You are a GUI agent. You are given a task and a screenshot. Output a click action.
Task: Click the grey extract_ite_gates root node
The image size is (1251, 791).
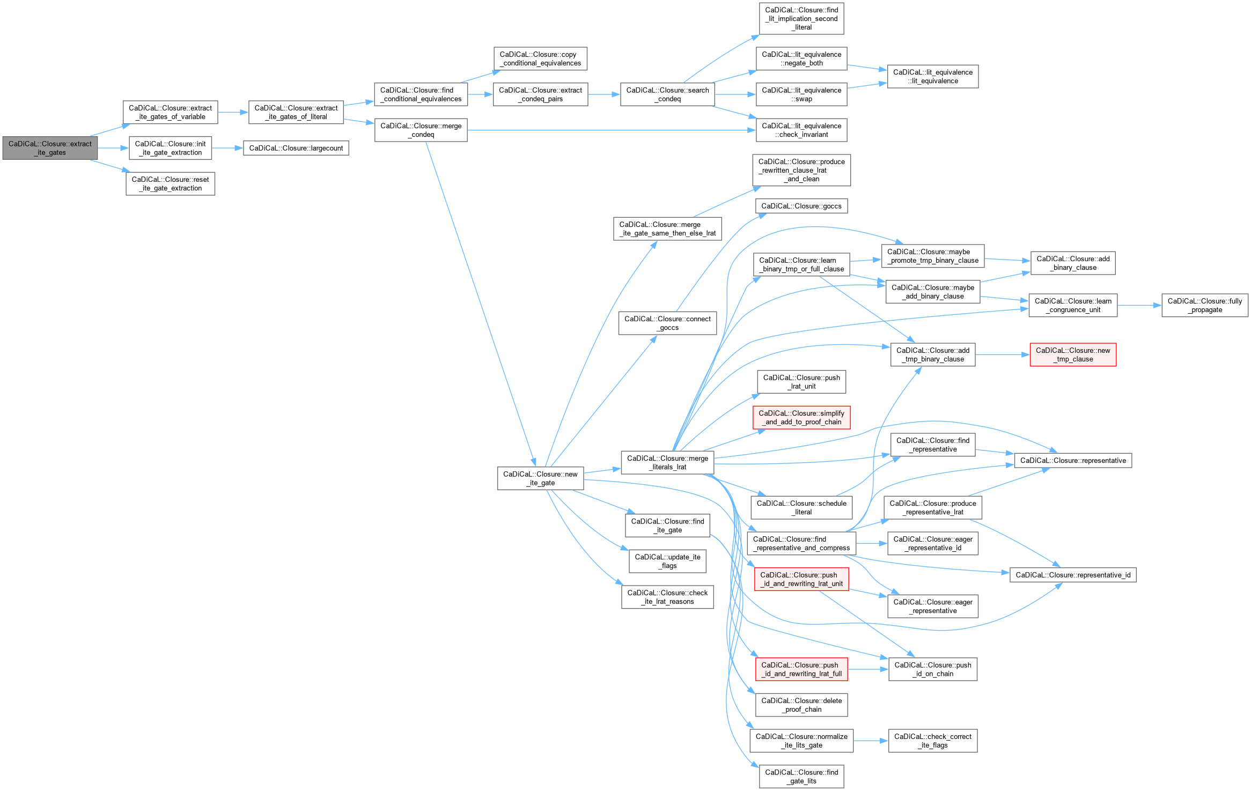tap(50, 148)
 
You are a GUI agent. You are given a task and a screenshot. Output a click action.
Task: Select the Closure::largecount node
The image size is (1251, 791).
tap(296, 148)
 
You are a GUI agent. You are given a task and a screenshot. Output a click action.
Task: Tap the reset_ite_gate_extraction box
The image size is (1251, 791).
tap(171, 184)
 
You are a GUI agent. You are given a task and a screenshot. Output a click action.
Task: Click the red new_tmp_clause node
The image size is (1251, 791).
tap(1072, 355)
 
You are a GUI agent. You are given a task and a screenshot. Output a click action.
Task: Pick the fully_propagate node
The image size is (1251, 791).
tap(1204, 306)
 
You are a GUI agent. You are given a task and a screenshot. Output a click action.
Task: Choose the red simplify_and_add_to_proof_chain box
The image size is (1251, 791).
tap(801, 418)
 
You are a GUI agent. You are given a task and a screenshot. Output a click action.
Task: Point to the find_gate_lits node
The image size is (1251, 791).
tap(801, 777)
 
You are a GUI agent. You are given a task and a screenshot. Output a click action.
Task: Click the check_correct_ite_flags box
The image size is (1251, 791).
tap(932, 741)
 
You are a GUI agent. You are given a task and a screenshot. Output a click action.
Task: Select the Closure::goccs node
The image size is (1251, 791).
tap(801, 206)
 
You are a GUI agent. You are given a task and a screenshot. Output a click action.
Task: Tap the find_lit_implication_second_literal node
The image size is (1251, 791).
tap(801, 19)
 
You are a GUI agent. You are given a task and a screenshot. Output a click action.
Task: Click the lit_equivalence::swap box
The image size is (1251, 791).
tap(801, 94)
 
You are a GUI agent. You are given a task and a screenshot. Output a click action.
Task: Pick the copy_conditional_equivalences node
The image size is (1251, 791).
tap(540, 59)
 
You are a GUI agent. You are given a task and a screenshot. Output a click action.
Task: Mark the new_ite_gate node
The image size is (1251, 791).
tap(540, 478)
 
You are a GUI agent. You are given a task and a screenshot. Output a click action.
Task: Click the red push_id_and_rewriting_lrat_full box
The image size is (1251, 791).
tap(801, 669)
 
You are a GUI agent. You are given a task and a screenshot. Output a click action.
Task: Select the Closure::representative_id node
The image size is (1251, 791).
tap(1072, 575)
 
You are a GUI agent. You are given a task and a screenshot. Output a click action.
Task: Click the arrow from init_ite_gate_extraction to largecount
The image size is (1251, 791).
tap(227, 148)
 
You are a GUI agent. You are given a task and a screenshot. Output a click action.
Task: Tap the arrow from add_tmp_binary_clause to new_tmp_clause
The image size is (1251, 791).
tap(1002, 355)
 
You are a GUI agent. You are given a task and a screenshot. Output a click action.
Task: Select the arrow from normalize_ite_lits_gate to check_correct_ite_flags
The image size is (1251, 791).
tap(871, 741)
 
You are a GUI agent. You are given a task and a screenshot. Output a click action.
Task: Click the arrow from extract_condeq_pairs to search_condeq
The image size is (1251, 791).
tap(604, 94)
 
